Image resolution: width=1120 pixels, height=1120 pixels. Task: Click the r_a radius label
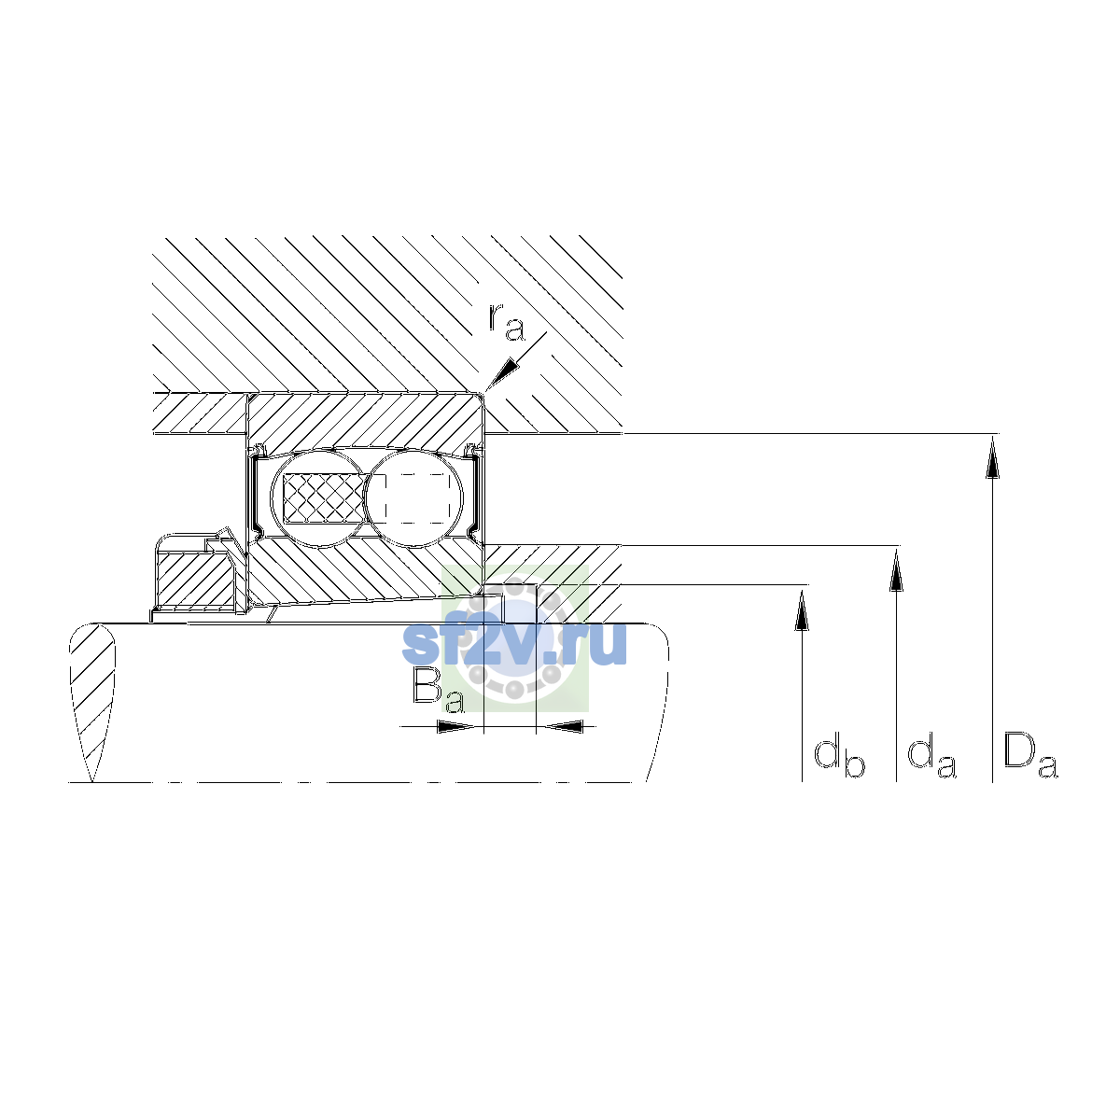coord(507,323)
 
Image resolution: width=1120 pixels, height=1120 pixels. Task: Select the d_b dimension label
coord(839,758)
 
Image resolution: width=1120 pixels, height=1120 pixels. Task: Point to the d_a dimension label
coord(931,758)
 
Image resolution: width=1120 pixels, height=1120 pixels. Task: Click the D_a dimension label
coord(1030,756)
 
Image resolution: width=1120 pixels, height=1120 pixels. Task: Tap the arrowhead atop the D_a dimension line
coord(992,458)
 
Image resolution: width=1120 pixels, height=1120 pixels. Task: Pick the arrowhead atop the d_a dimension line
coord(896,570)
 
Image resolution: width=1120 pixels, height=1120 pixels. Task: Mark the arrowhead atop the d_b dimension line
coord(802,609)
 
